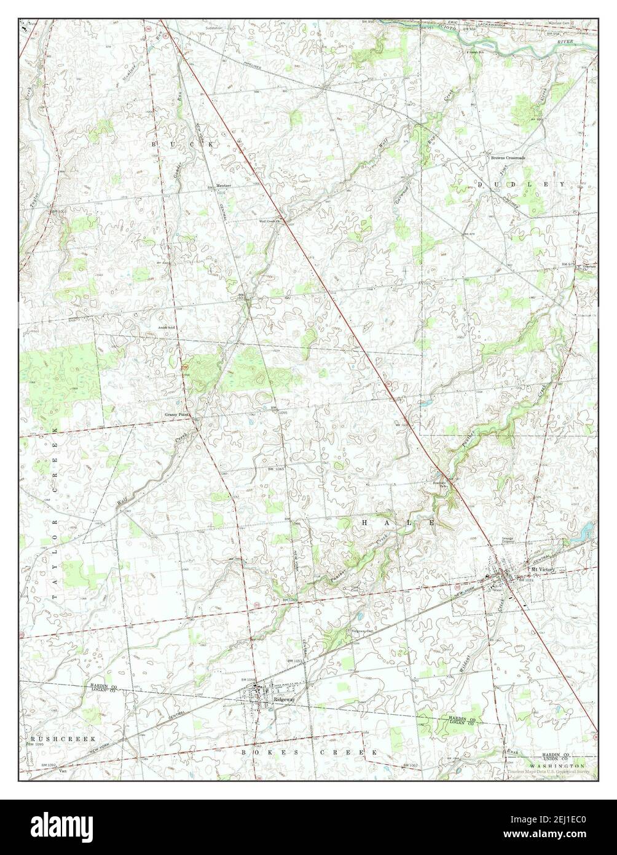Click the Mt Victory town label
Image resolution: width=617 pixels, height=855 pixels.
pyautogui.click(x=543, y=570)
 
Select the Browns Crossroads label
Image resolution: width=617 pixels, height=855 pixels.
pyautogui.click(x=507, y=157)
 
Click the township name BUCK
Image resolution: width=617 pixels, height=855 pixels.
pyautogui.click(x=184, y=143)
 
